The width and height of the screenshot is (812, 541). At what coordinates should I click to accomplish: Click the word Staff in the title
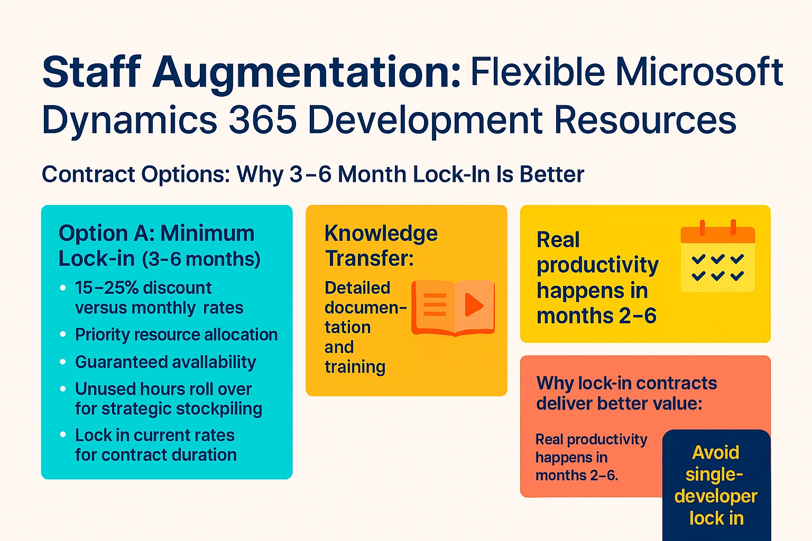click(91, 72)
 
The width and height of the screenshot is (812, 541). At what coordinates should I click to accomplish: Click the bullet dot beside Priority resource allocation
click(63, 334)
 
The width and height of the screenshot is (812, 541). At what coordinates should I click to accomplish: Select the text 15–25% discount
click(143, 288)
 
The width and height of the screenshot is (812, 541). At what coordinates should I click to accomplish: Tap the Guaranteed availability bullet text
click(165, 362)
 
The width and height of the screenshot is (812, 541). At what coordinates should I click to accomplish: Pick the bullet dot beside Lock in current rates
click(63, 435)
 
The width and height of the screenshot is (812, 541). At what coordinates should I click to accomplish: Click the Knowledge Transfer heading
click(381, 246)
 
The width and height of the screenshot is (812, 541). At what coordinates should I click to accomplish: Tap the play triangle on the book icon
click(473, 304)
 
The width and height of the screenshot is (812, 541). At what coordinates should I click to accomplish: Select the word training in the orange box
click(355, 367)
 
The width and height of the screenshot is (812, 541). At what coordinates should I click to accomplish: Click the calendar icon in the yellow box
click(717, 256)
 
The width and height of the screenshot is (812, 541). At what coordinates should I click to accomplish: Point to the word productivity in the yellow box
click(597, 265)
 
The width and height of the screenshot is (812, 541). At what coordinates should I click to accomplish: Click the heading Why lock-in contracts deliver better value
click(626, 393)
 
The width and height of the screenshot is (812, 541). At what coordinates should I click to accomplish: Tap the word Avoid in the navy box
click(716, 453)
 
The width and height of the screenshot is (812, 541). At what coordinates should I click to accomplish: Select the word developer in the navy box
click(716, 497)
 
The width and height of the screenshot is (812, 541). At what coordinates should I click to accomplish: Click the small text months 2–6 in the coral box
click(576, 475)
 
